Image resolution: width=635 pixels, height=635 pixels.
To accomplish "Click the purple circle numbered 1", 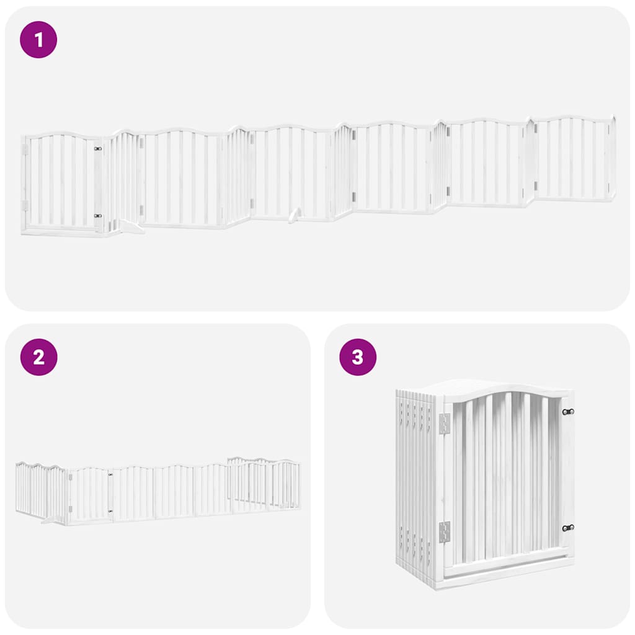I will pyautogui.click(x=38, y=40).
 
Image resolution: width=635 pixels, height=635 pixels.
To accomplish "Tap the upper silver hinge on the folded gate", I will pyautogui.click(x=444, y=423).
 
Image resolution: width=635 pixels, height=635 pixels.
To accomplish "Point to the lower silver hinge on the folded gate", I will pyautogui.click(x=444, y=531).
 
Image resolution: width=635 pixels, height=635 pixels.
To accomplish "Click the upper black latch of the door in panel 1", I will pyautogui.click(x=97, y=149).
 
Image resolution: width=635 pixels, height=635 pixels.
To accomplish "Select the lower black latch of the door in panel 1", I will pyautogui.click(x=97, y=216).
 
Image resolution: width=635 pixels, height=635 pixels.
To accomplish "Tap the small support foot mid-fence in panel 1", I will pyautogui.click(x=295, y=215).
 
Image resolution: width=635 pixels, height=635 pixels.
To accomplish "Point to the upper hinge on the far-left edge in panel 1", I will pyautogui.click(x=25, y=149).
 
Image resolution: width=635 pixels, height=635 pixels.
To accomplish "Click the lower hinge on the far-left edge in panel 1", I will pyautogui.click(x=25, y=205).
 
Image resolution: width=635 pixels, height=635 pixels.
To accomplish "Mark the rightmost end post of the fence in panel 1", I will pyautogui.click(x=613, y=158).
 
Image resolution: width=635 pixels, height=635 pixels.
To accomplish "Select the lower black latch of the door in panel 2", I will pyautogui.click(x=110, y=511).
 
